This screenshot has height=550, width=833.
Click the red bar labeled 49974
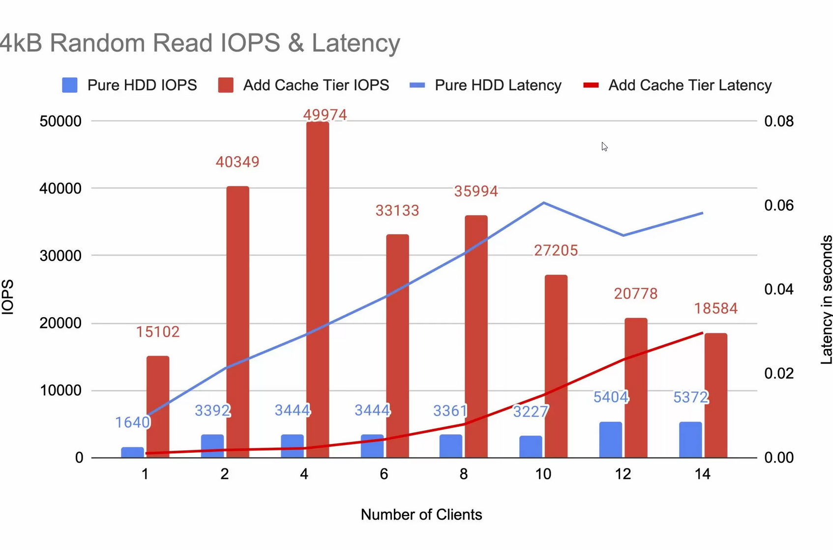pos(318,290)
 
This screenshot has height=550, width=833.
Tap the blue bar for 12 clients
pos(610,440)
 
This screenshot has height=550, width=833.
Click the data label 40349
pos(238,162)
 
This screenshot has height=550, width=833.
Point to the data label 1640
pos(132,422)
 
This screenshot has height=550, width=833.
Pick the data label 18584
pos(715,309)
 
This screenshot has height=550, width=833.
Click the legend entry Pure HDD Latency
pos(497,85)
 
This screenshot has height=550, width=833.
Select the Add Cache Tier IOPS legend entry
pos(315,85)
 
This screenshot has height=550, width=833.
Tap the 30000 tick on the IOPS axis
pos(60,256)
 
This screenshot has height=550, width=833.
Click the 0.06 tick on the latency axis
pos(778,205)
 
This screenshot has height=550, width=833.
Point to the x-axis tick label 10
pos(543,474)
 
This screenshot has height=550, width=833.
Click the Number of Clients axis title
pos(421,515)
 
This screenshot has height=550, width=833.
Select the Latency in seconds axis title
pos(826,300)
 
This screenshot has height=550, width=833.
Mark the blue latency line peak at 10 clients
pos(544,202)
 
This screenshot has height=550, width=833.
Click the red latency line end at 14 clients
pos(702,333)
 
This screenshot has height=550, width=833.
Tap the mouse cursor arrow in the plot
pos(604,146)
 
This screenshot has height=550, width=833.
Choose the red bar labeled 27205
pos(556,366)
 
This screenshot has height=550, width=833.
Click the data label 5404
pos(610,397)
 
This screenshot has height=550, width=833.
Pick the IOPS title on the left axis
pos(8,297)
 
